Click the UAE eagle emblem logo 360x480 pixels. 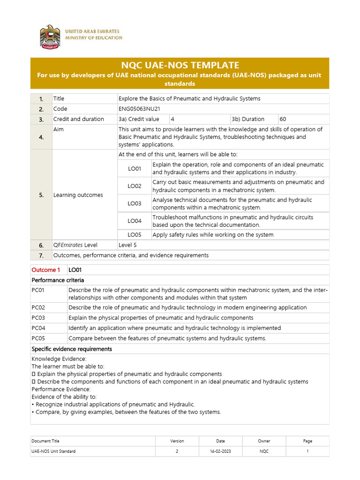point(50,36)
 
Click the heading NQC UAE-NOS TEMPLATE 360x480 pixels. point(180,65)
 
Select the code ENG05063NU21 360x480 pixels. point(140,109)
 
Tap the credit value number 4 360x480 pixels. point(172,119)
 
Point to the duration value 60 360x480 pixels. point(283,119)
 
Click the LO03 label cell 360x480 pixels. point(135,203)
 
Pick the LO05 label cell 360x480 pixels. point(135,234)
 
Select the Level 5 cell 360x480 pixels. point(128,245)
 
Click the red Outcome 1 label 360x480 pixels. point(46,270)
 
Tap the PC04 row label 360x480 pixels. point(38,328)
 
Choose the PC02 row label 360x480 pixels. point(38,307)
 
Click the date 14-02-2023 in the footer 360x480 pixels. point(220,451)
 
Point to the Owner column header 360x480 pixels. point(264,441)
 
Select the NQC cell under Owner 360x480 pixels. point(264,451)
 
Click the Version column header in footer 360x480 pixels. point(177,441)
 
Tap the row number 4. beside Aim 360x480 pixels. point(41,137)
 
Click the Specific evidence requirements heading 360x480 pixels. point(72,349)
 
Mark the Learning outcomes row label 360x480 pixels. point(78,195)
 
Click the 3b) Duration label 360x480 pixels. point(248,119)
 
